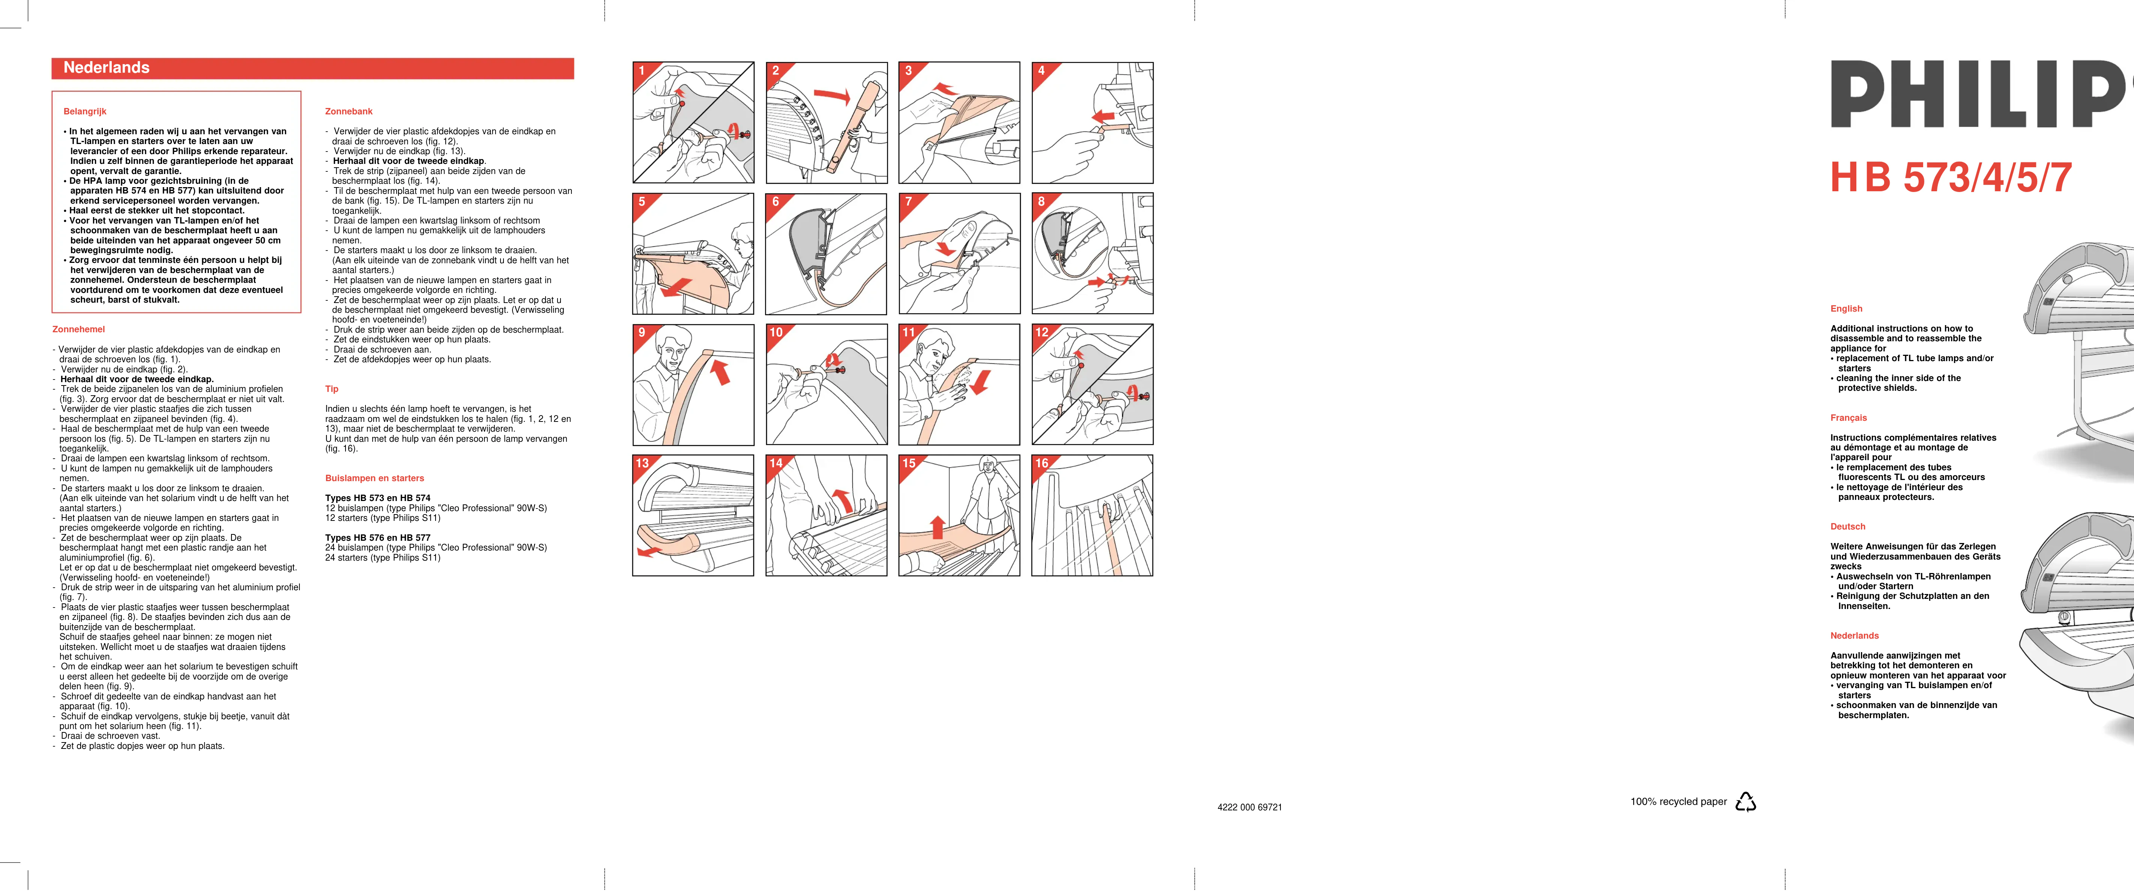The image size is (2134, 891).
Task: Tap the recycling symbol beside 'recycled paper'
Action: pyautogui.click(x=1745, y=802)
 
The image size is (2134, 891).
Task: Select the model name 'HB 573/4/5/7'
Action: pyautogui.click(x=1951, y=178)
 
